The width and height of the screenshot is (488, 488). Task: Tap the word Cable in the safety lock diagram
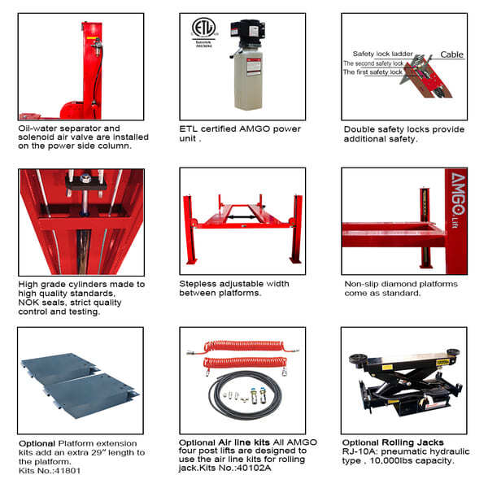click(x=451, y=54)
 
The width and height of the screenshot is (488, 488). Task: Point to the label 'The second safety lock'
click(x=373, y=63)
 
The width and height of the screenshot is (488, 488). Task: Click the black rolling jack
click(x=403, y=382)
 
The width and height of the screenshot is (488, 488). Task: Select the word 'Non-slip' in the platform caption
click(x=364, y=284)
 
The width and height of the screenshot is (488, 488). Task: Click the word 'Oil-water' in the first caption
click(x=38, y=128)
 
